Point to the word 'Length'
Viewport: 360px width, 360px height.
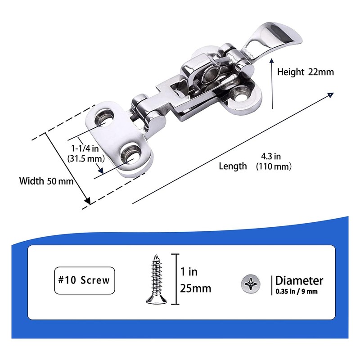tap(233, 166)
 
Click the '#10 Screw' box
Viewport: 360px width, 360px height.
tap(83, 280)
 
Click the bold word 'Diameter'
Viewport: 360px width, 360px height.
tap(299, 280)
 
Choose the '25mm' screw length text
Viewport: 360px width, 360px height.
tap(195, 288)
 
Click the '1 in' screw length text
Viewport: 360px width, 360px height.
tap(189, 272)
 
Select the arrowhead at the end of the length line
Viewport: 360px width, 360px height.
tap(330, 95)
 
